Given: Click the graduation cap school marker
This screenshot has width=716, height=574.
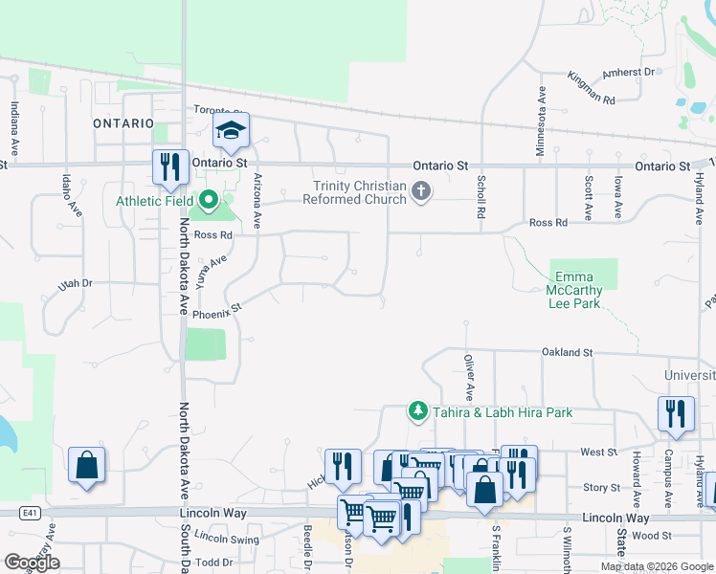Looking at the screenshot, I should click(231, 130).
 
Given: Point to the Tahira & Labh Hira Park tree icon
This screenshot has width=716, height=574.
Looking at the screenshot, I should click(417, 411).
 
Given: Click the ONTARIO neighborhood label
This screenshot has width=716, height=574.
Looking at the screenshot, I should click(123, 123).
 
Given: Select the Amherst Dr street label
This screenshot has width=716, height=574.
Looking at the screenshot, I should click(629, 72).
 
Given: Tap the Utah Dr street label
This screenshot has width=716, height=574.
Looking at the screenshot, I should click(75, 283).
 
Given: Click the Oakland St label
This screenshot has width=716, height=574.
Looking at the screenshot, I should click(568, 352).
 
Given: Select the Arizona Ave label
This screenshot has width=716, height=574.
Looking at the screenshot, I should click(257, 200).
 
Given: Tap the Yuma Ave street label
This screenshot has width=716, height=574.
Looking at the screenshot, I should click(211, 271).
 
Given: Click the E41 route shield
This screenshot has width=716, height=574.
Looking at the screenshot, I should click(34, 513).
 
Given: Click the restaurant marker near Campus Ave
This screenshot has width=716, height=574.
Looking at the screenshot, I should click(676, 413).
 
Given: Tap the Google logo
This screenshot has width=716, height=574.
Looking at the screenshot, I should click(32, 563).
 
